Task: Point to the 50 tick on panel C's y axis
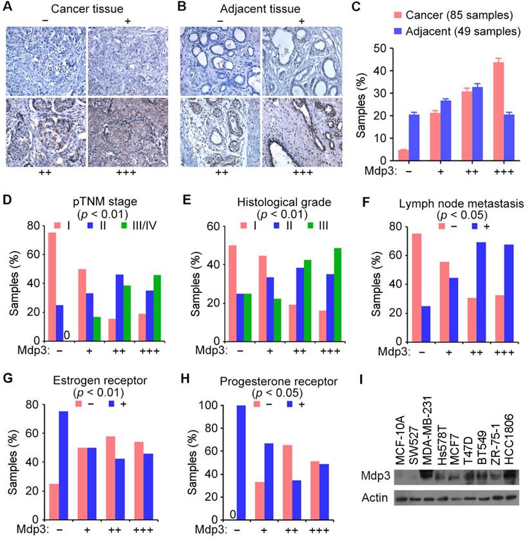click(384, 48)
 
